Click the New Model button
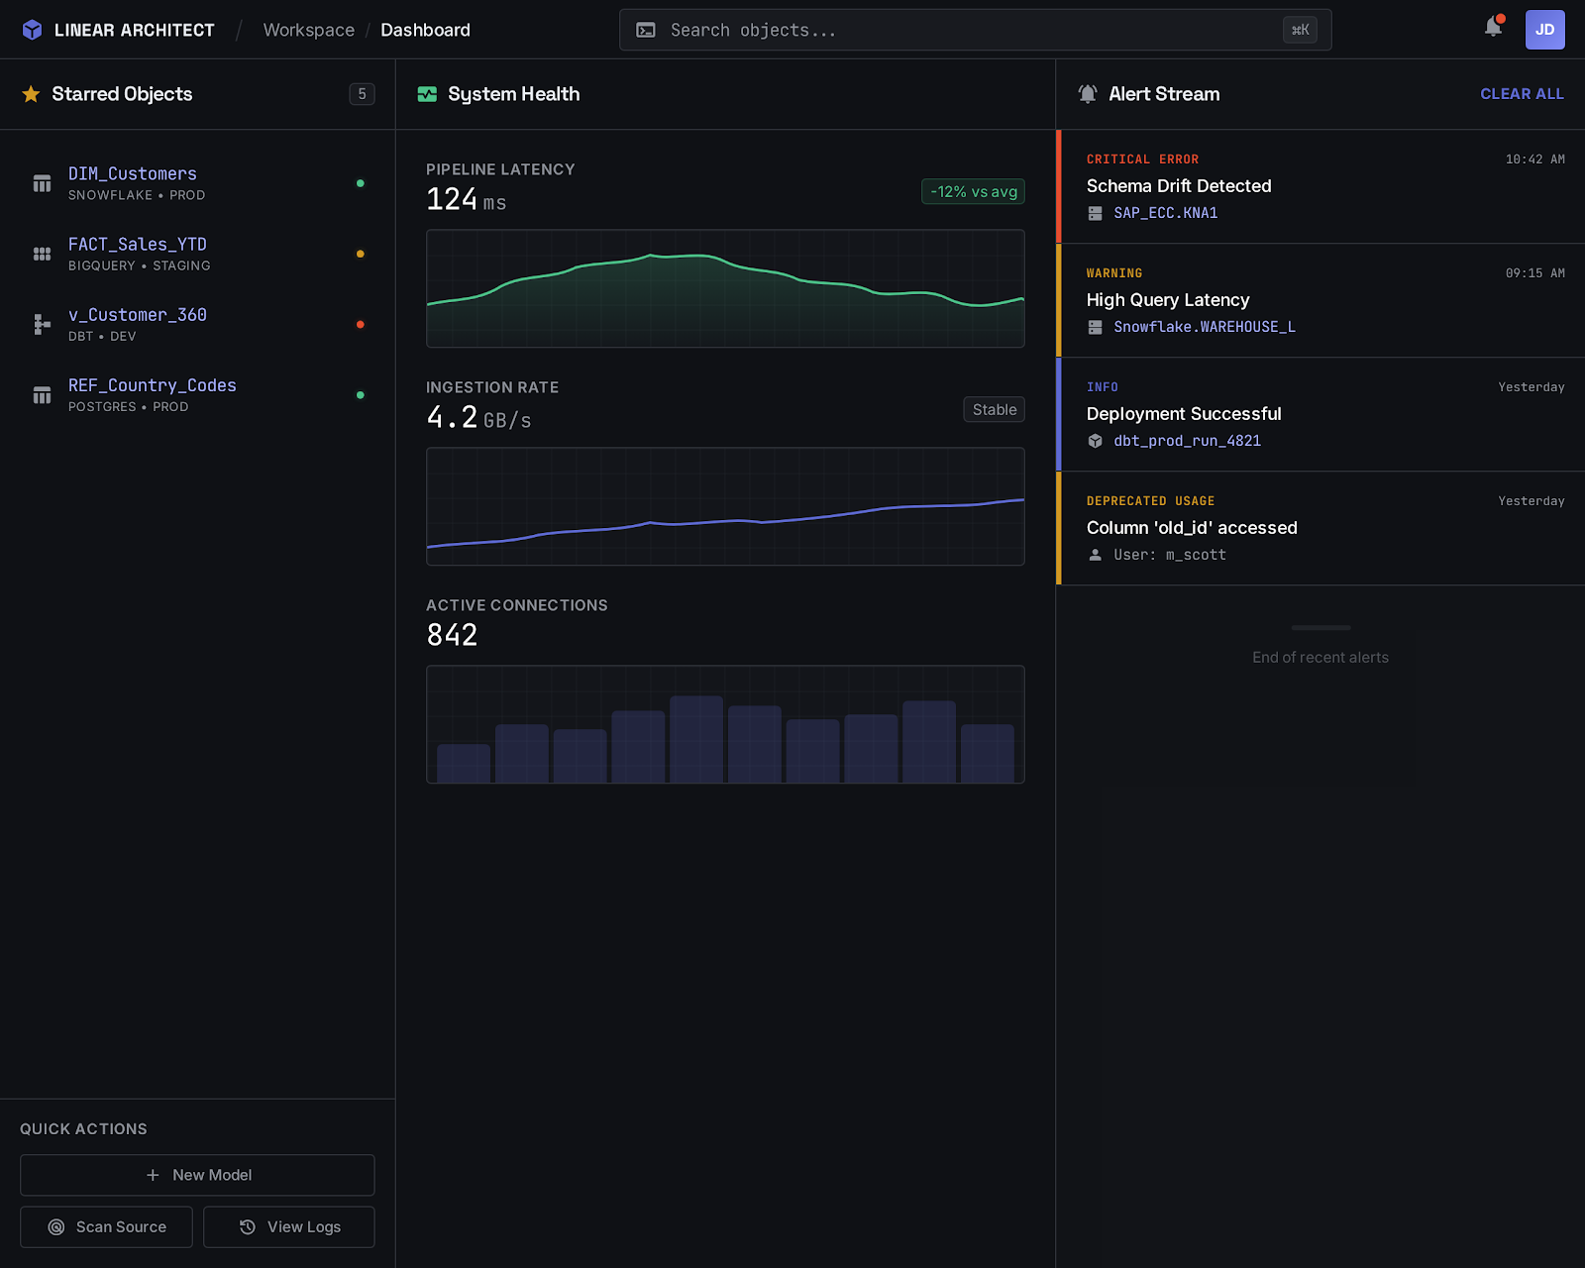(197, 1175)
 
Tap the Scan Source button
(107, 1227)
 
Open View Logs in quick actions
(289, 1227)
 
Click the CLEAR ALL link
(1522, 94)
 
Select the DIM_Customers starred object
(133, 174)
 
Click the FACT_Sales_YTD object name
(138, 245)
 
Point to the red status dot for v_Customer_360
(361, 325)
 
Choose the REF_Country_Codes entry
(153, 385)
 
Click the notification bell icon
(1493, 28)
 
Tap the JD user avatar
(1544, 30)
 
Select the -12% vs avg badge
(973, 192)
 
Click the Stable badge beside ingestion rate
(994, 410)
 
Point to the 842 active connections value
(452, 635)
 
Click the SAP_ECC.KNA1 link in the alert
(1165, 213)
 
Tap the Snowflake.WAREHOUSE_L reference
(1204, 327)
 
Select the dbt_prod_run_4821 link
(1187, 441)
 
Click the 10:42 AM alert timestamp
(1534, 159)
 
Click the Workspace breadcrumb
(308, 31)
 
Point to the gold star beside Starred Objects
(32, 94)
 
